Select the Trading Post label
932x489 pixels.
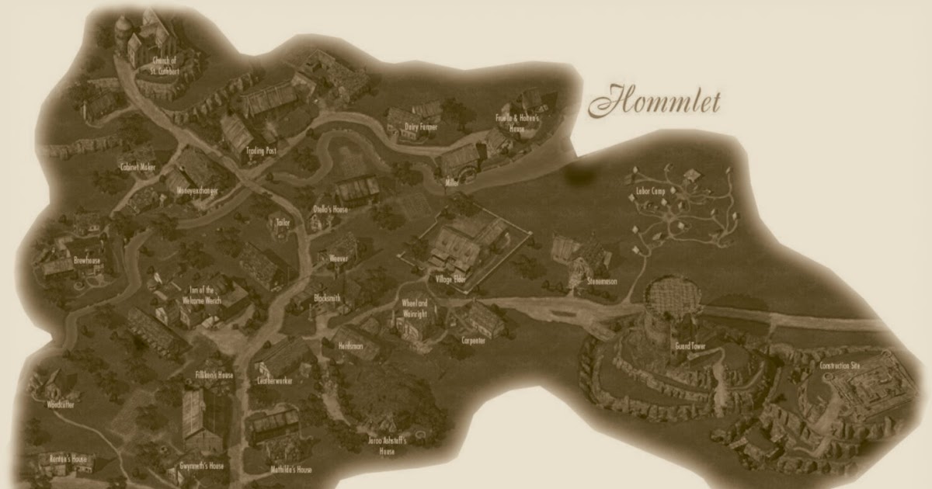point(260,151)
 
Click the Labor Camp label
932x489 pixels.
point(652,190)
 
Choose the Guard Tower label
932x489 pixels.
point(690,346)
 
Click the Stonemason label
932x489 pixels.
point(603,282)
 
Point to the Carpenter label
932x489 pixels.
point(474,340)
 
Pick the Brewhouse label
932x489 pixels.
point(87,262)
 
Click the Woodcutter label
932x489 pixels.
point(60,404)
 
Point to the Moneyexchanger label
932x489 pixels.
point(198,190)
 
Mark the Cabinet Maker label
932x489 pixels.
point(137,167)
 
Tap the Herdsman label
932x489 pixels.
point(351,349)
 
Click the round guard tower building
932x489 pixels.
point(666,310)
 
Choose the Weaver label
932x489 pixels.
point(339,258)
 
